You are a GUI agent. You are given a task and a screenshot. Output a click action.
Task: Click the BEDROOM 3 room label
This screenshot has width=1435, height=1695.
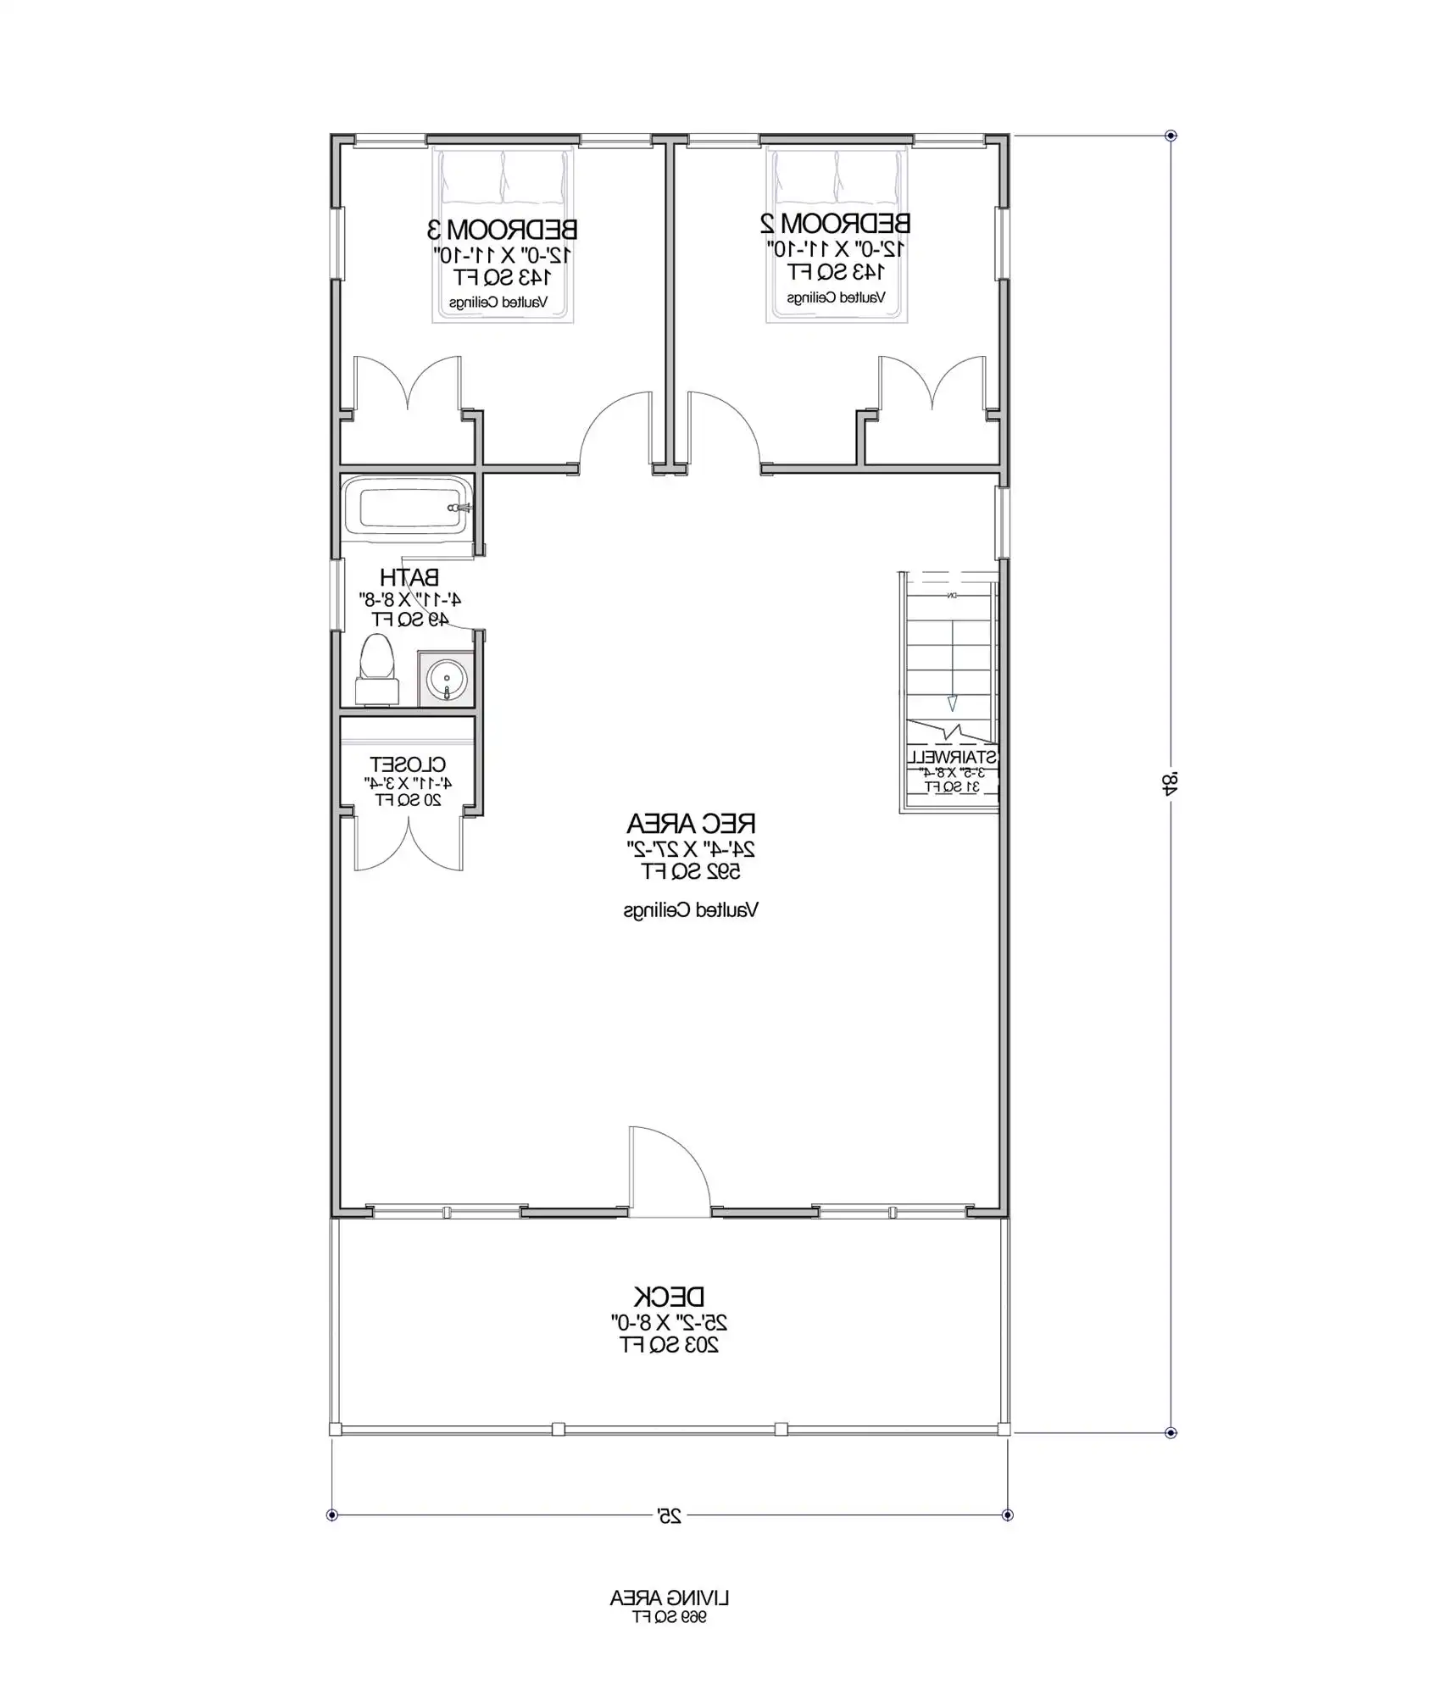pos(502,229)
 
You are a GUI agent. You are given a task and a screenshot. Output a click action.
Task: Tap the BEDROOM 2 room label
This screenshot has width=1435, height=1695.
pos(836,224)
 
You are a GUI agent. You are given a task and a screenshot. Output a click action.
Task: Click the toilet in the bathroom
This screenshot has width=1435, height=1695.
pos(377,670)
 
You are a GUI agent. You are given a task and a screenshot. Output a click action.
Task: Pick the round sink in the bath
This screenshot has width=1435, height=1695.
pos(446,678)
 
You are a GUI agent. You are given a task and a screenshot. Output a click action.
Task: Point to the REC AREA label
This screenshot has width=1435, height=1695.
pos(691,823)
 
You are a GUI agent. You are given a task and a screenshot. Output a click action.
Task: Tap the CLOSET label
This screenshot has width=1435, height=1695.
pos(408,764)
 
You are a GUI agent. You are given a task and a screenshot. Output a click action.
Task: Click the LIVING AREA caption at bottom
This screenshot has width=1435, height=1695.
pos(669,1598)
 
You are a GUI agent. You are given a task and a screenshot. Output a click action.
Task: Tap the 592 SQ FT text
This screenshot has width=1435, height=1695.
pos(691,871)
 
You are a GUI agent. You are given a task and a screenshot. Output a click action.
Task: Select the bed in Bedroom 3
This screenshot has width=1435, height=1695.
pos(503,236)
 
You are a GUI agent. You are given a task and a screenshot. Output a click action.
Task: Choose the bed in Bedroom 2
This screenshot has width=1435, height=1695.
pos(837,234)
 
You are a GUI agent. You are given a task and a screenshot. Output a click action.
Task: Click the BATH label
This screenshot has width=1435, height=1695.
pos(409,578)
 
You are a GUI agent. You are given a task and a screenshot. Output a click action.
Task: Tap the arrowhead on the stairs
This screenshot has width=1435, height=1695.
pos(952,702)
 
